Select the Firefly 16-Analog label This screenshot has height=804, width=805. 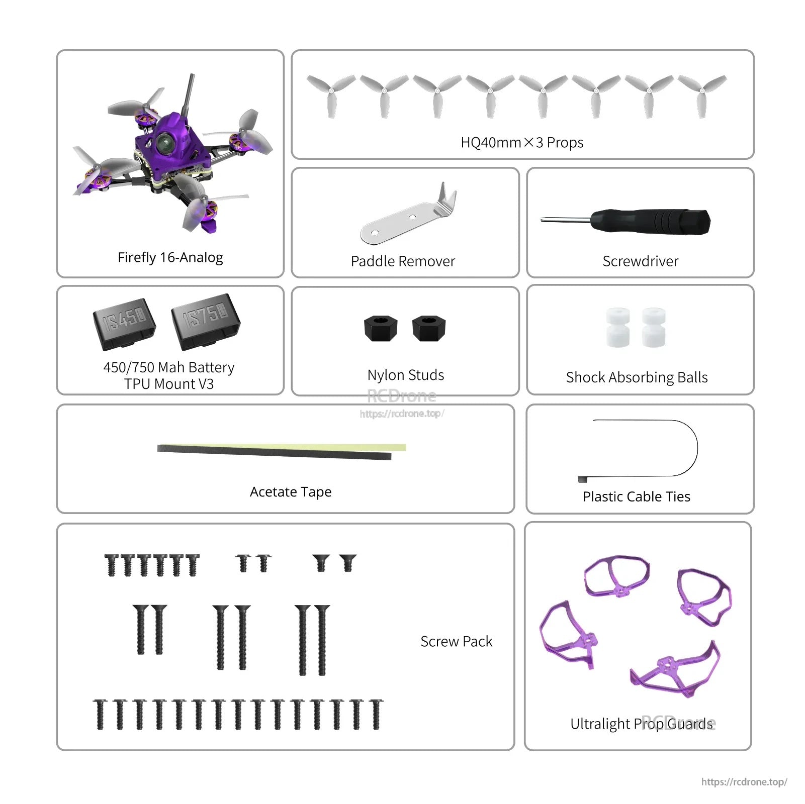[x=170, y=257]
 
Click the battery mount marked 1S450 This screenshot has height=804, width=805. [x=124, y=323]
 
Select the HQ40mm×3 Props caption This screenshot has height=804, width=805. [x=522, y=143]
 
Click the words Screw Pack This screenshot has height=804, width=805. [x=456, y=642]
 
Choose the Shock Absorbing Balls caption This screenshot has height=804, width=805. [x=637, y=377]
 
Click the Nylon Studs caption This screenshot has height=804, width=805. [x=406, y=375]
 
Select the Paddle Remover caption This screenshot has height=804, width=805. [x=403, y=261]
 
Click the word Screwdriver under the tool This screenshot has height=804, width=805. [x=640, y=261]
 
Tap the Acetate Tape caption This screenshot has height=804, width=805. [x=291, y=492]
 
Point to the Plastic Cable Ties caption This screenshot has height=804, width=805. [x=636, y=496]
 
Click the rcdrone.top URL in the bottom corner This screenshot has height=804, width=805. [x=744, y=782]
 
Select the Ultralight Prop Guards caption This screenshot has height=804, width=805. [x=641, y=724]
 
